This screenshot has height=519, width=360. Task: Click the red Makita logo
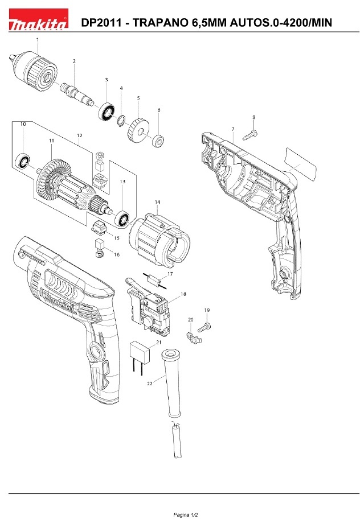[x=38, y=20]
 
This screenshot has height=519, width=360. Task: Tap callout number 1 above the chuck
[x=38, y=40]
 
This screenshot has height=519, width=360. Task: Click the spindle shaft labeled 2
[x=76, y=94]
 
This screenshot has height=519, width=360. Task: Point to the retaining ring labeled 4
[x=121, y=120]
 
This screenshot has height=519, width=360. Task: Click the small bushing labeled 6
[x=158, y=141]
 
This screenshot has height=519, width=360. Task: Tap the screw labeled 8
[x=251, y=135]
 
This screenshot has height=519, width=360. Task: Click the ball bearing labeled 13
[x=122, y=218]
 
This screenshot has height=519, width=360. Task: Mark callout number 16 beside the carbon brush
[x=117, y=254]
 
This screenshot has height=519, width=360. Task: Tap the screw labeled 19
[x=204, y=328]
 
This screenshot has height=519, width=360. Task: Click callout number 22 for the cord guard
[x=150, y=384]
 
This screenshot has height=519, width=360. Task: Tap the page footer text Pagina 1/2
[x=186, y=514]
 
